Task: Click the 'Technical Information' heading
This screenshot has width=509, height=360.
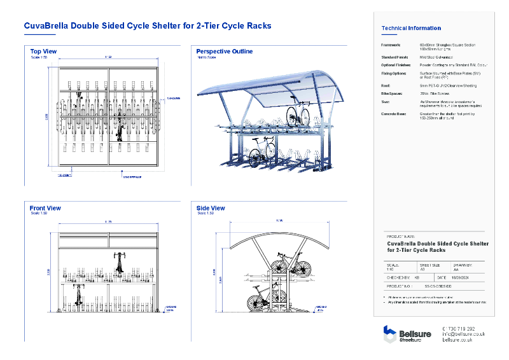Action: click(x=410, y=28)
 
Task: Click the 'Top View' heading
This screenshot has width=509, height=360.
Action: click(x=43, y=51)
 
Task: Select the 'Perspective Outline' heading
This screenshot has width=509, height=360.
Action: click(x=224, y=51)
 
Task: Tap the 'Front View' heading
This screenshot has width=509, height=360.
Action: click(x=45, y=208)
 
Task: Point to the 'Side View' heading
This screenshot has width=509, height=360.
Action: click(x=211, y=208)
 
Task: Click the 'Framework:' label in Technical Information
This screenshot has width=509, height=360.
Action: click(x=391, y=45)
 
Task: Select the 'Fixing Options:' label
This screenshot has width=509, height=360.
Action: click(x=394, y=74)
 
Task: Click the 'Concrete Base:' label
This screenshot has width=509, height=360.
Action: click(x=394, y=114)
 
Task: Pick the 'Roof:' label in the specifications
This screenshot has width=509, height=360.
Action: click(x=386, y=85)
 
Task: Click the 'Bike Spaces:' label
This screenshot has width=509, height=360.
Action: click(x=392, y=93)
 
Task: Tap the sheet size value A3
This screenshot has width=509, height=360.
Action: click(x=422, y=270)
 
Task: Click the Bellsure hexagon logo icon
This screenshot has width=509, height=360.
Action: click(x=389, y=334)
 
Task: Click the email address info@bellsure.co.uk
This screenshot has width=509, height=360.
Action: click(x=463, y=334)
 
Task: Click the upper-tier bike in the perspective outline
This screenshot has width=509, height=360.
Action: click(x=297, y=116)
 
